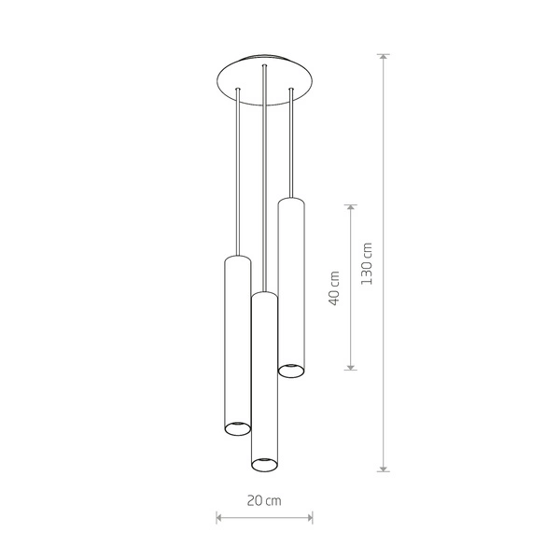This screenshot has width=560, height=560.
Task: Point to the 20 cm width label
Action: [264, 500]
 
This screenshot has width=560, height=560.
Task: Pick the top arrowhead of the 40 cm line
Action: [351, 207]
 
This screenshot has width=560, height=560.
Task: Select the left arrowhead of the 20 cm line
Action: [219, 515]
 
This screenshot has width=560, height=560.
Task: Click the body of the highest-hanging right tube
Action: [291, 280]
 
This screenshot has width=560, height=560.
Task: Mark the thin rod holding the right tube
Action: [291, 145]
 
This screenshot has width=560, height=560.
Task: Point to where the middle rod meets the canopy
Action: [265, 68]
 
